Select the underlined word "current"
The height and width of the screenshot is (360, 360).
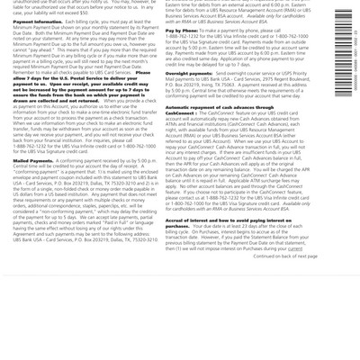[307, 247]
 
